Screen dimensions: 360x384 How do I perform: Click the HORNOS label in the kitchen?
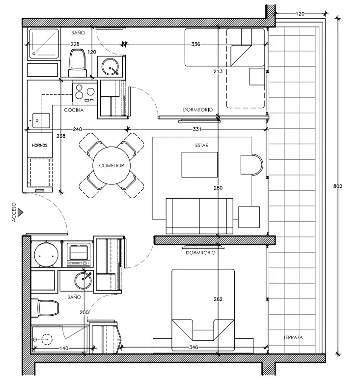tap(40, 145)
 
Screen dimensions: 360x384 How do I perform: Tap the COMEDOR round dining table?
tap(111, 166)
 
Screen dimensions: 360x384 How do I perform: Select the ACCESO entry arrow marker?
tap(21, 212)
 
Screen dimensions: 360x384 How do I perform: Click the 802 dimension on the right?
tap(338, 186)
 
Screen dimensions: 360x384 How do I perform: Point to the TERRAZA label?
tap(293, 337)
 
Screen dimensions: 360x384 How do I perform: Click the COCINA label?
tap(74, 110)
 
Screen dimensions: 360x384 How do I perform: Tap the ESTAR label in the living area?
tap(202, 145)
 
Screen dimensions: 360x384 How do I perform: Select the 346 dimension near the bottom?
tap(194, 347)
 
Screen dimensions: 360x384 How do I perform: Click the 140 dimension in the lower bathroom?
tap(64, 348)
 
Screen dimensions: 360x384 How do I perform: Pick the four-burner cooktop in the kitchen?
tap(84, 92)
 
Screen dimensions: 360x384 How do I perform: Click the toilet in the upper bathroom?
tap(78, 63)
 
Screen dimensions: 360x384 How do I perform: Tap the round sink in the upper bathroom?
tap(111, 66)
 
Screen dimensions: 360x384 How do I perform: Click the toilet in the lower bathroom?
tap(45, 308)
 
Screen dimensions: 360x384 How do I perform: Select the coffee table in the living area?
tap(199, 165)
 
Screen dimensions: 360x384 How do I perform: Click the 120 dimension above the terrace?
tap(300, 14)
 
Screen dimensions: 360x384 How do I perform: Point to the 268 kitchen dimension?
tap(61, 136)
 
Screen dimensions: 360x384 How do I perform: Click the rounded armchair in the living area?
tap(251, 165)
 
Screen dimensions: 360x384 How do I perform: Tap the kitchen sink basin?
tap(41, 120)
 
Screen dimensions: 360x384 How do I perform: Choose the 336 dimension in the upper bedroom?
tap(195, 44)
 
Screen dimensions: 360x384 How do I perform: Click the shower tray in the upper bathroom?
tap(44, 44)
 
